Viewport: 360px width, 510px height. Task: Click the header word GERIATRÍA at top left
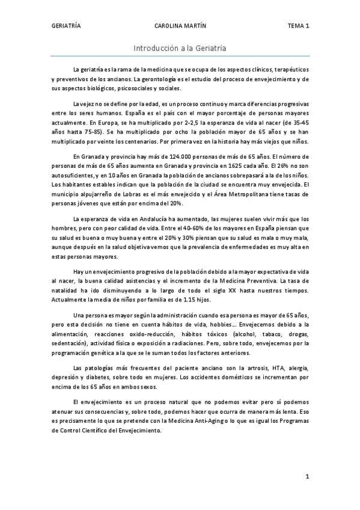coord(66,26)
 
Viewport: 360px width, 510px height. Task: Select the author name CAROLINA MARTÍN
coord(180,26)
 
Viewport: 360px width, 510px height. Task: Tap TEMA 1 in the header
coord(298,26)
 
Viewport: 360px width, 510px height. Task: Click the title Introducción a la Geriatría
coord(180,48)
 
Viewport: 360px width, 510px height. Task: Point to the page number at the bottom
coord(307,477)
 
